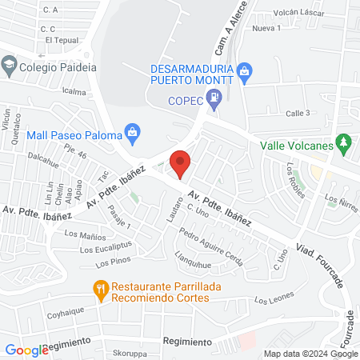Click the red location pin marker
pos(182,162)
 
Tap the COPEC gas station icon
pos(214,101)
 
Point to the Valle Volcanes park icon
pos(344,145)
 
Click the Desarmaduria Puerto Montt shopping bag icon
pos(245,73)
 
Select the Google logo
pos(26,350)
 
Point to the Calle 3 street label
pos(298,113)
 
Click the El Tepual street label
pos(60,39)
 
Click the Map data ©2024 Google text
pos(311,354)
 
